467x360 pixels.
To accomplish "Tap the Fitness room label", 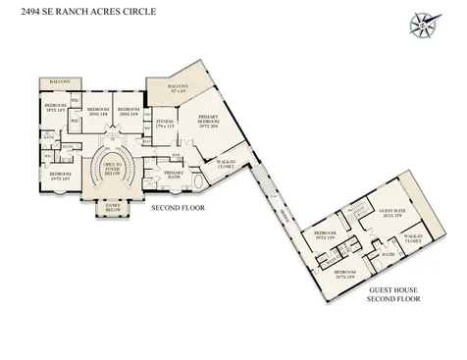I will pos(166,125).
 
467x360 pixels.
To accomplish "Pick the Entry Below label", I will pos(107,208).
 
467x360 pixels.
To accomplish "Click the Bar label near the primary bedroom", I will pos(175,155).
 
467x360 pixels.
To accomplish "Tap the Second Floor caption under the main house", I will pos(176,209).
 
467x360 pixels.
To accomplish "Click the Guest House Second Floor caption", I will pos(393,294).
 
